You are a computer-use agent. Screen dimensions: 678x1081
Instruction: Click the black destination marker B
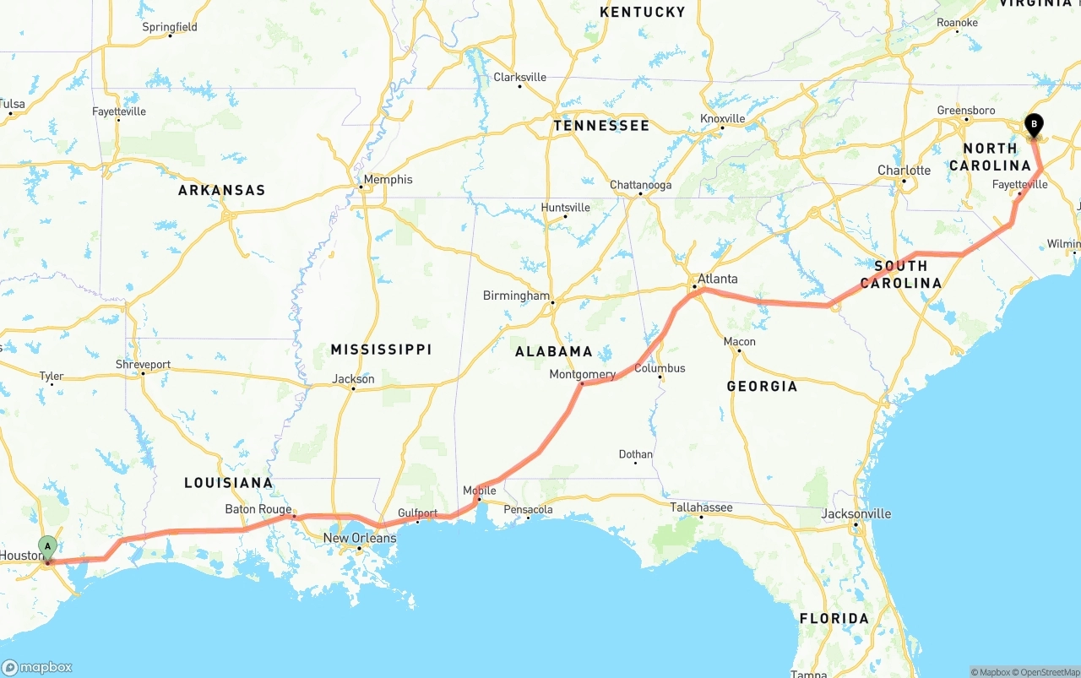pyautogui.click(x=1033, y=126)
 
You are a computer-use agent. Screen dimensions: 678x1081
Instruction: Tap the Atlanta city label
pyautogui.click(x=717, y=279)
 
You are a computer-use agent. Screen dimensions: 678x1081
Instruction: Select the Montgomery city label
pyautogui.click(x=583, y=374)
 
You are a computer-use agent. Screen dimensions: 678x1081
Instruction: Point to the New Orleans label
pyautogui.click(x=360, y=538)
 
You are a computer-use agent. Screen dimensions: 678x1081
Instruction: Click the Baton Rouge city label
pyautogui.click(x=258, y=509)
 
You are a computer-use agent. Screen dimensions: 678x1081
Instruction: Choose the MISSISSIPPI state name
pyautogui.click(x=381, y=349)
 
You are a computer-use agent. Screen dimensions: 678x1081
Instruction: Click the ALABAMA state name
pyautogui.click(x=554, y=351)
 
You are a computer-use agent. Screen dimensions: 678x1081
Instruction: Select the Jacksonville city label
pyautogui.click(x=856, y=513)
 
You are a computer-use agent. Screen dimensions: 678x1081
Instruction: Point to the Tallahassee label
pyautogui.click(x=702, y=507)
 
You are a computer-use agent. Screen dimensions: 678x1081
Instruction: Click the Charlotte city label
pyautogui.click(x=904, y=170)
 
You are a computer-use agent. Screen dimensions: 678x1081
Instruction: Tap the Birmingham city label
pyautogui.click(x=516, y=296)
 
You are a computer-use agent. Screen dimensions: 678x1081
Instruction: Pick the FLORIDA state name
pyautogui.click(x=834, y=618)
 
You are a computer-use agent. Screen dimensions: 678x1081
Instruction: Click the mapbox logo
pyautogui.click(x=37, y=667)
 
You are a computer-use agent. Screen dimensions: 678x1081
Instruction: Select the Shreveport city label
pyautogui.click(x=143, y=365)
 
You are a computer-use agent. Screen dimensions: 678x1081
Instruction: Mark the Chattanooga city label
pyautogui.click(x=641, y=185)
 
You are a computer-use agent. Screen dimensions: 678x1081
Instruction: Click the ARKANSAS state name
pyautogui.click(x=221, y=190)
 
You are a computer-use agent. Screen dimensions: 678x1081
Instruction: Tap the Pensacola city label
pyautogui.click(x=528, y=509)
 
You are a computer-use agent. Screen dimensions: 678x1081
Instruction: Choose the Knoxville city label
pyautogui.click(x=723, y=118)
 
